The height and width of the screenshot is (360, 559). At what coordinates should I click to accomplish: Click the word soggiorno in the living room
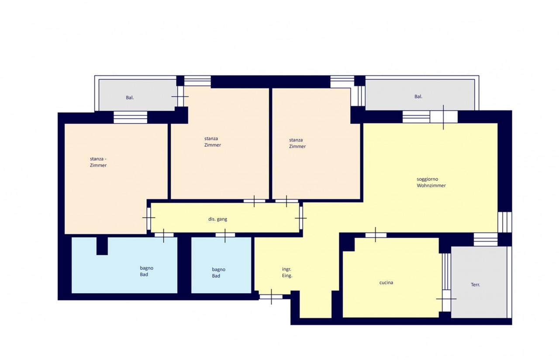(427, 179)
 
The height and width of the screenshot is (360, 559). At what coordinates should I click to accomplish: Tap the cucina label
(386, 282)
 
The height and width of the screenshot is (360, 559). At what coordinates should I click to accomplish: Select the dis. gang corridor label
(217, 219)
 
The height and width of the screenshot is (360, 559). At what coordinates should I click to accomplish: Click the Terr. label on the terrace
(475, 285)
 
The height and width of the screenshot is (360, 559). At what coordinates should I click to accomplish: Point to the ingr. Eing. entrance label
(287, 272)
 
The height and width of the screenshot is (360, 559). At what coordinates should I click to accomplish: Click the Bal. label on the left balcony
(130, 97)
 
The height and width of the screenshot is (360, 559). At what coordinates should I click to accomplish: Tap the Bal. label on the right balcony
(418, 96)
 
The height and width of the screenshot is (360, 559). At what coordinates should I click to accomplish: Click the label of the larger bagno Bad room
(146, 271)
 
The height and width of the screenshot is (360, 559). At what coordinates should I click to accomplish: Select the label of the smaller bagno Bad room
(218, 272)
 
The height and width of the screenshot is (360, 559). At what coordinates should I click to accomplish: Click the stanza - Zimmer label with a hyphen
(98, 162)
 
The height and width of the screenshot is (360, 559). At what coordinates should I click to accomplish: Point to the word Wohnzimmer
(431, 185)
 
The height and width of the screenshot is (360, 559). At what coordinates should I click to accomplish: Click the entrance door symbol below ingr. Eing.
(271, 297)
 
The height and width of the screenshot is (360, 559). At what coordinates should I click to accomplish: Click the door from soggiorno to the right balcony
(443, 117)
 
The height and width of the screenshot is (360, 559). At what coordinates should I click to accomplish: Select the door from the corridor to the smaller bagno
(225, 235)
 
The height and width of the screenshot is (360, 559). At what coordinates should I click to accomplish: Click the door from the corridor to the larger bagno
(164, 235)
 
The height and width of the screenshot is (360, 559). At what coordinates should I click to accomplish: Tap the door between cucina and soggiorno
(376, 235)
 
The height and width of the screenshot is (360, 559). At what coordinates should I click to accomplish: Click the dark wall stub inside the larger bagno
(102, 246)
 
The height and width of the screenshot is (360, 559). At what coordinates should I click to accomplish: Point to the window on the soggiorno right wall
(504, 222)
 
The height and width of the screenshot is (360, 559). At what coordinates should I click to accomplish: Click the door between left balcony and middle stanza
(180, 96)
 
